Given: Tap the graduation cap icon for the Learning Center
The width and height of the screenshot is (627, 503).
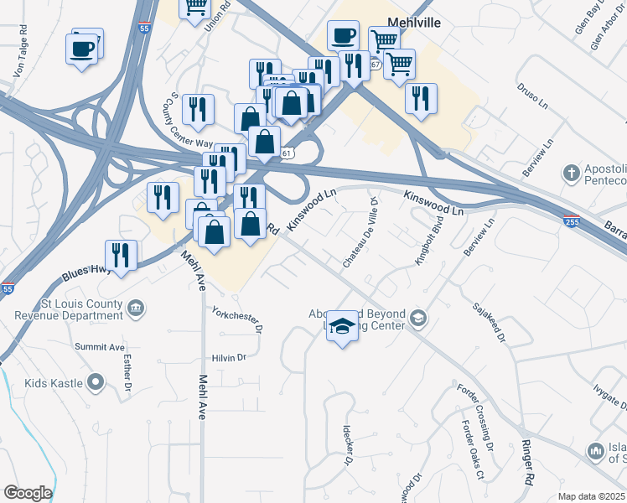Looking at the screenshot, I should [341, 325].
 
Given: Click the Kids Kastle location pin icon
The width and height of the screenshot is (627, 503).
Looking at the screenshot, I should [96, 383].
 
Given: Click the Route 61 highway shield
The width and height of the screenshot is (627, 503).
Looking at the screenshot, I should [288, 153].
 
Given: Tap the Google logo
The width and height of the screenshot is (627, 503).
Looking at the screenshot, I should [28, 493].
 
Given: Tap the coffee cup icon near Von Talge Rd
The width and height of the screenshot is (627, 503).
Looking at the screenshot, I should [82, 49].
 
